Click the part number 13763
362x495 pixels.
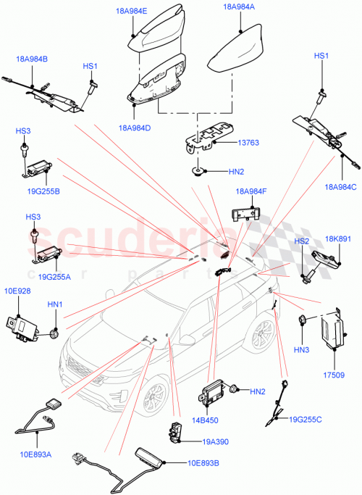pos(248,143)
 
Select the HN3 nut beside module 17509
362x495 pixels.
pos(304,320)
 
